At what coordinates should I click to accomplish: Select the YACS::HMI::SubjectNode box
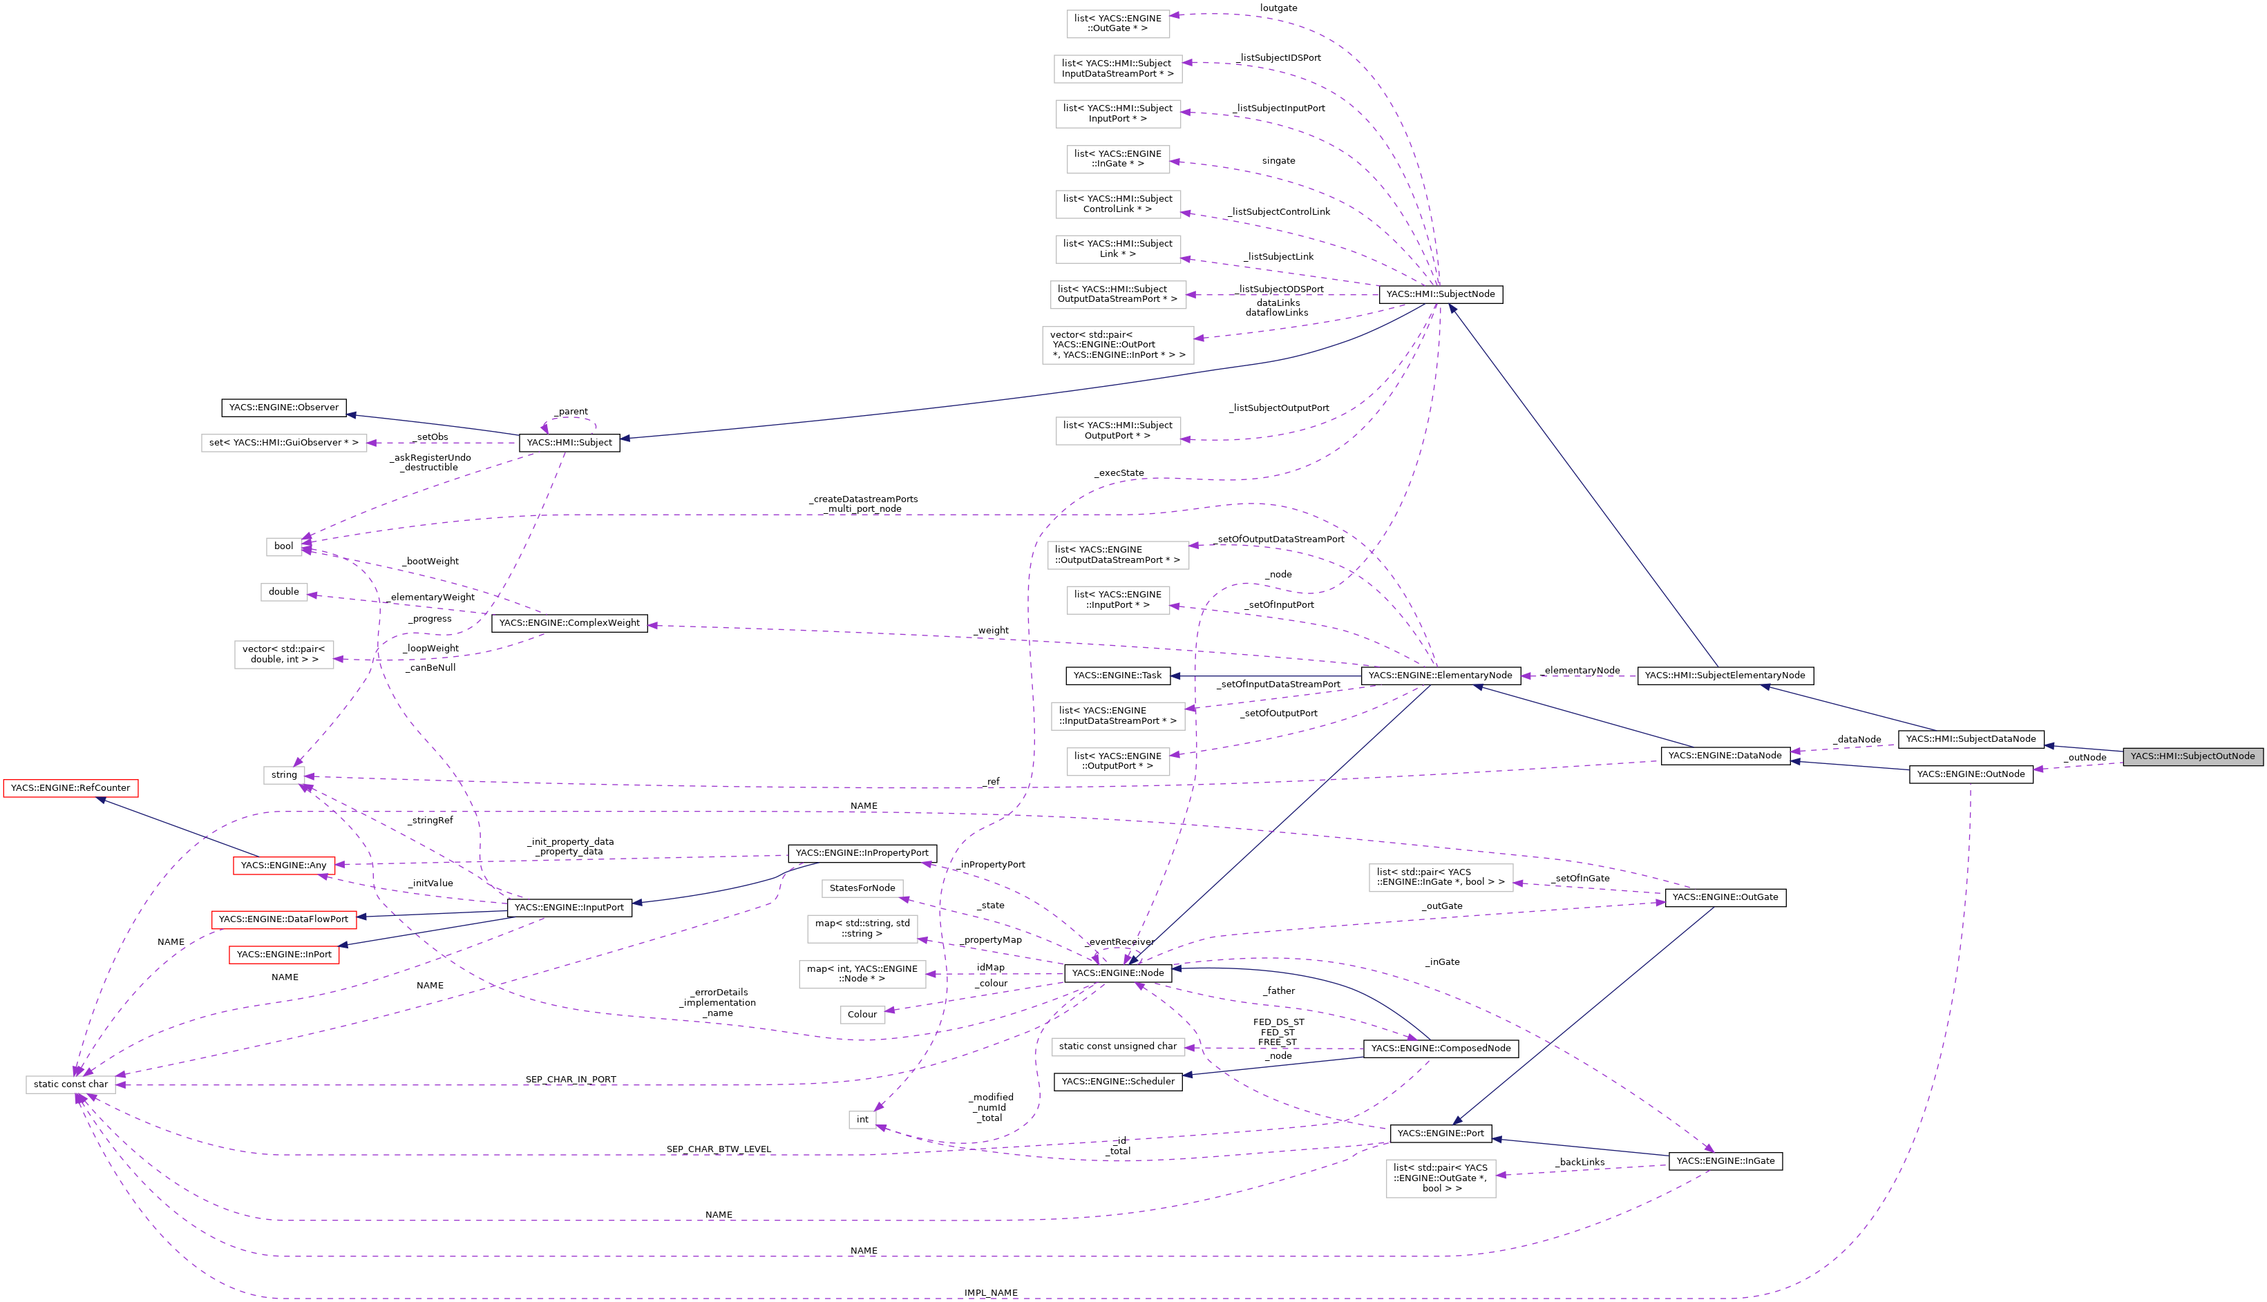1440,294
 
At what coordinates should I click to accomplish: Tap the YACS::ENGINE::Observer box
283,408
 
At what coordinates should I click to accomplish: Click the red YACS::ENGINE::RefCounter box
70,788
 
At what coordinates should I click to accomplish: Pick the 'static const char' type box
70,1084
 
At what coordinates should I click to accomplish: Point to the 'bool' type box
283,546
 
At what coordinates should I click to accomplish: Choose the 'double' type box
283,592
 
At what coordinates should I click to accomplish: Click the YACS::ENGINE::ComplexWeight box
569,623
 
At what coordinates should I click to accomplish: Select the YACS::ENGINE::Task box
1117,676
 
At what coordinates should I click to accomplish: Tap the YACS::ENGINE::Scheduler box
1118,1082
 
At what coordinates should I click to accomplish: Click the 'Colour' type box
862,1015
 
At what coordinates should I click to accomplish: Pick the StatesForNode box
862,888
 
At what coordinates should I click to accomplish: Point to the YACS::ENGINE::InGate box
1725,1162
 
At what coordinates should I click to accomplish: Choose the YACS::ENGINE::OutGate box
1725,898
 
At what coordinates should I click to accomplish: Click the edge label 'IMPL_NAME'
991,1293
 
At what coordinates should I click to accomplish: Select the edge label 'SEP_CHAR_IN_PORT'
571,1080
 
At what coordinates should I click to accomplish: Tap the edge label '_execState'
1119,473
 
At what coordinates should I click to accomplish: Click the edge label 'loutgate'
1278,8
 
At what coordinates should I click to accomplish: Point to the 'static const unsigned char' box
1118,1046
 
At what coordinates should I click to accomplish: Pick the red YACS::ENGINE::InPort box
283,955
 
